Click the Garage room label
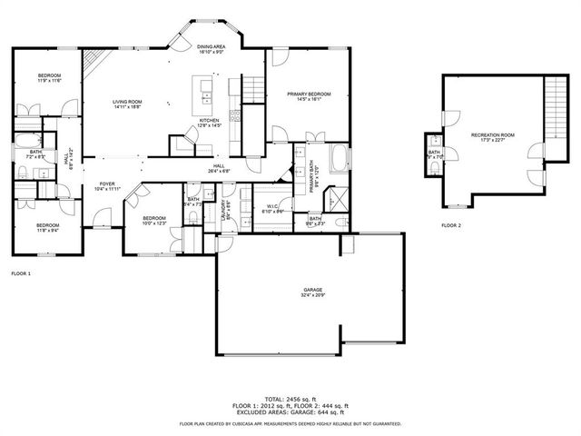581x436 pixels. (x=312, y=292)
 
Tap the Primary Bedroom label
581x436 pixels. (x=309, y=95)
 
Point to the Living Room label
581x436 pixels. (x=127, y=103)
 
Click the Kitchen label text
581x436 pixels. (x=210, y=122)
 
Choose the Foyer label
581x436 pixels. (x=107, y=186)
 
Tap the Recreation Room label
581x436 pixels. (x=493, y=137)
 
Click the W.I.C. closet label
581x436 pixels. (x=273, y=208)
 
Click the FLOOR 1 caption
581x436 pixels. (x=20, y=272)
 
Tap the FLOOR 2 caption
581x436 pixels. (x=451, y=223)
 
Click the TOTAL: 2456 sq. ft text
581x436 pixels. (x=290, y=398)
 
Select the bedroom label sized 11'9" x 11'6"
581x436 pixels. (x=49, y=78)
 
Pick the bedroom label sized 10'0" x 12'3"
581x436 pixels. (x=154, y=221)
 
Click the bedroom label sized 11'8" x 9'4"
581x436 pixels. (x=48, y=227)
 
